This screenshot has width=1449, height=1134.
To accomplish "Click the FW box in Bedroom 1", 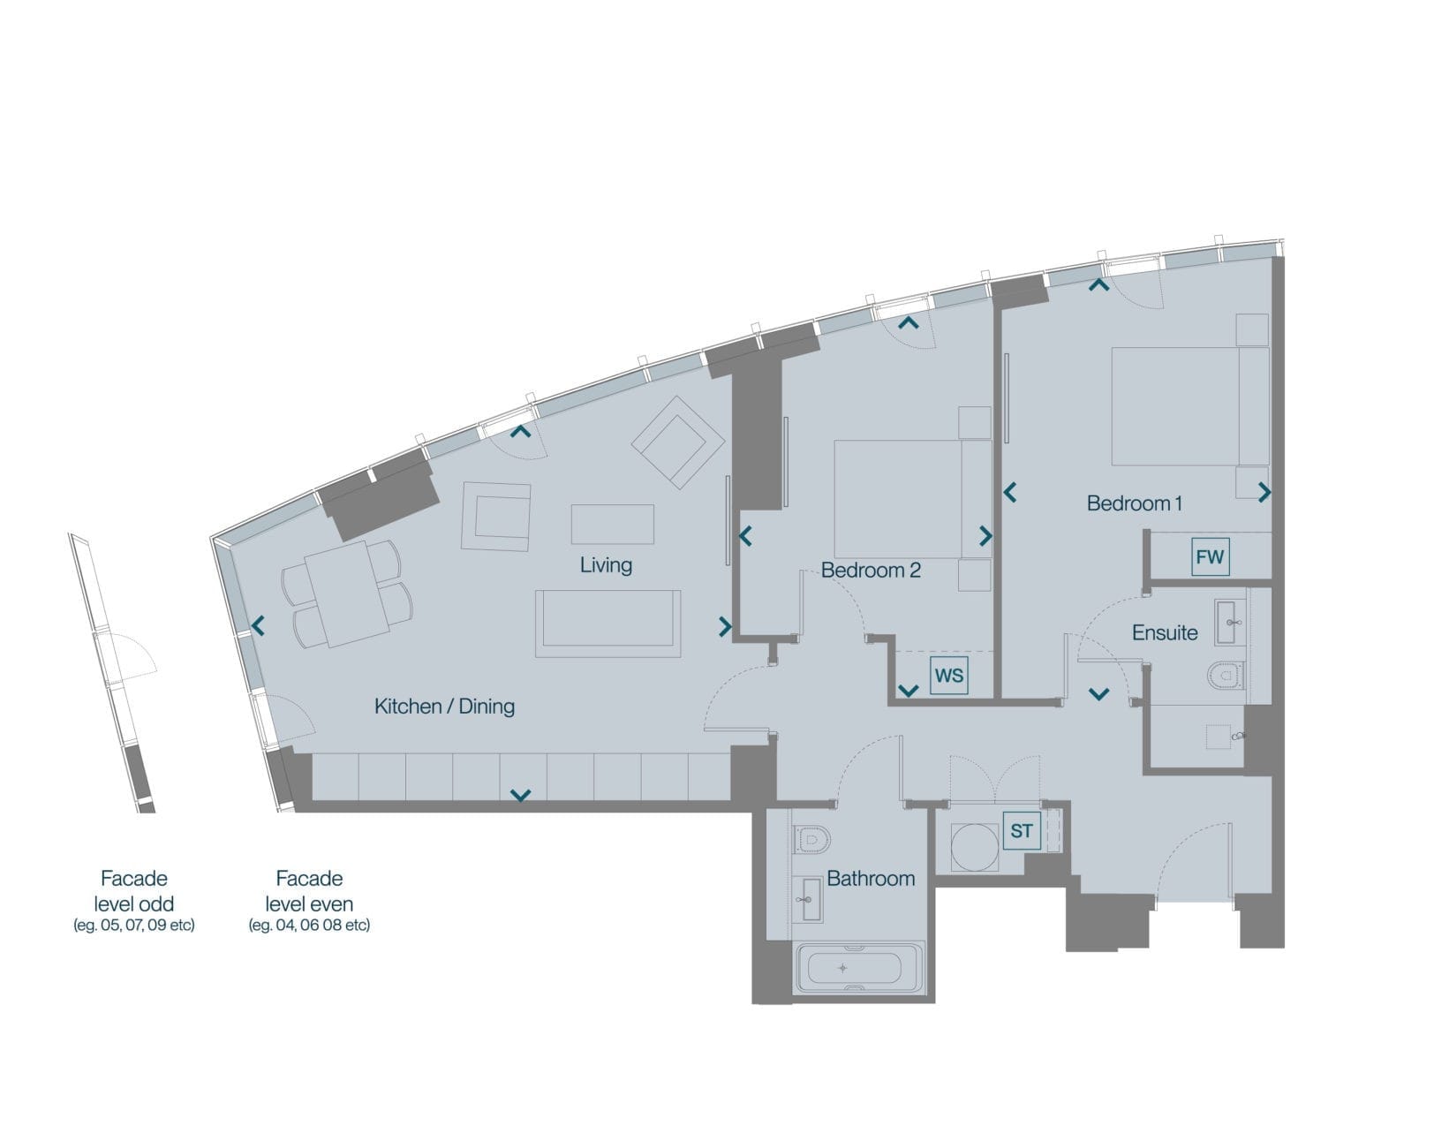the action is pos(1210,556).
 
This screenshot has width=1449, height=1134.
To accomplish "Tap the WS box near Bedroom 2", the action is pos(949,676).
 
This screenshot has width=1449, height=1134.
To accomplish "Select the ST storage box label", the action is pos(1022,831).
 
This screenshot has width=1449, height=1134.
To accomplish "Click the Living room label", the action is pos(606,565).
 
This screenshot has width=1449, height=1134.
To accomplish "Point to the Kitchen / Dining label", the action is pos(444,706).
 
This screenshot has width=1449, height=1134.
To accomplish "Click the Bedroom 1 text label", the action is pos(1135,503).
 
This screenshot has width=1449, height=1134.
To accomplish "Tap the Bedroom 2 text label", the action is pos(871,570).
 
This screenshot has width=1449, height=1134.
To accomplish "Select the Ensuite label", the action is pos(1165,632).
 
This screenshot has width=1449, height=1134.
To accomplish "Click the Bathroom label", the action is pos(871,878).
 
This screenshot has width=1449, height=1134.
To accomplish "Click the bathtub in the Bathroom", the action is pos(858,967).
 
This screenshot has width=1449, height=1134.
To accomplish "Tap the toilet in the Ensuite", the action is pos(1226,675).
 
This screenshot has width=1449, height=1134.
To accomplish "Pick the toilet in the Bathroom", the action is pos(811,840).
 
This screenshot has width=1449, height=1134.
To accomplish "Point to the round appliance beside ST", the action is pos(975,847).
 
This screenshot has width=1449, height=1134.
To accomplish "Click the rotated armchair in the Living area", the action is pos(678,442).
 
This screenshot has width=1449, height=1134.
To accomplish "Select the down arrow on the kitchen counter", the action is pos(521,795).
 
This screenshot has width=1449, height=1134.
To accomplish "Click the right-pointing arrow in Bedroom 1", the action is pos(1264,493).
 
